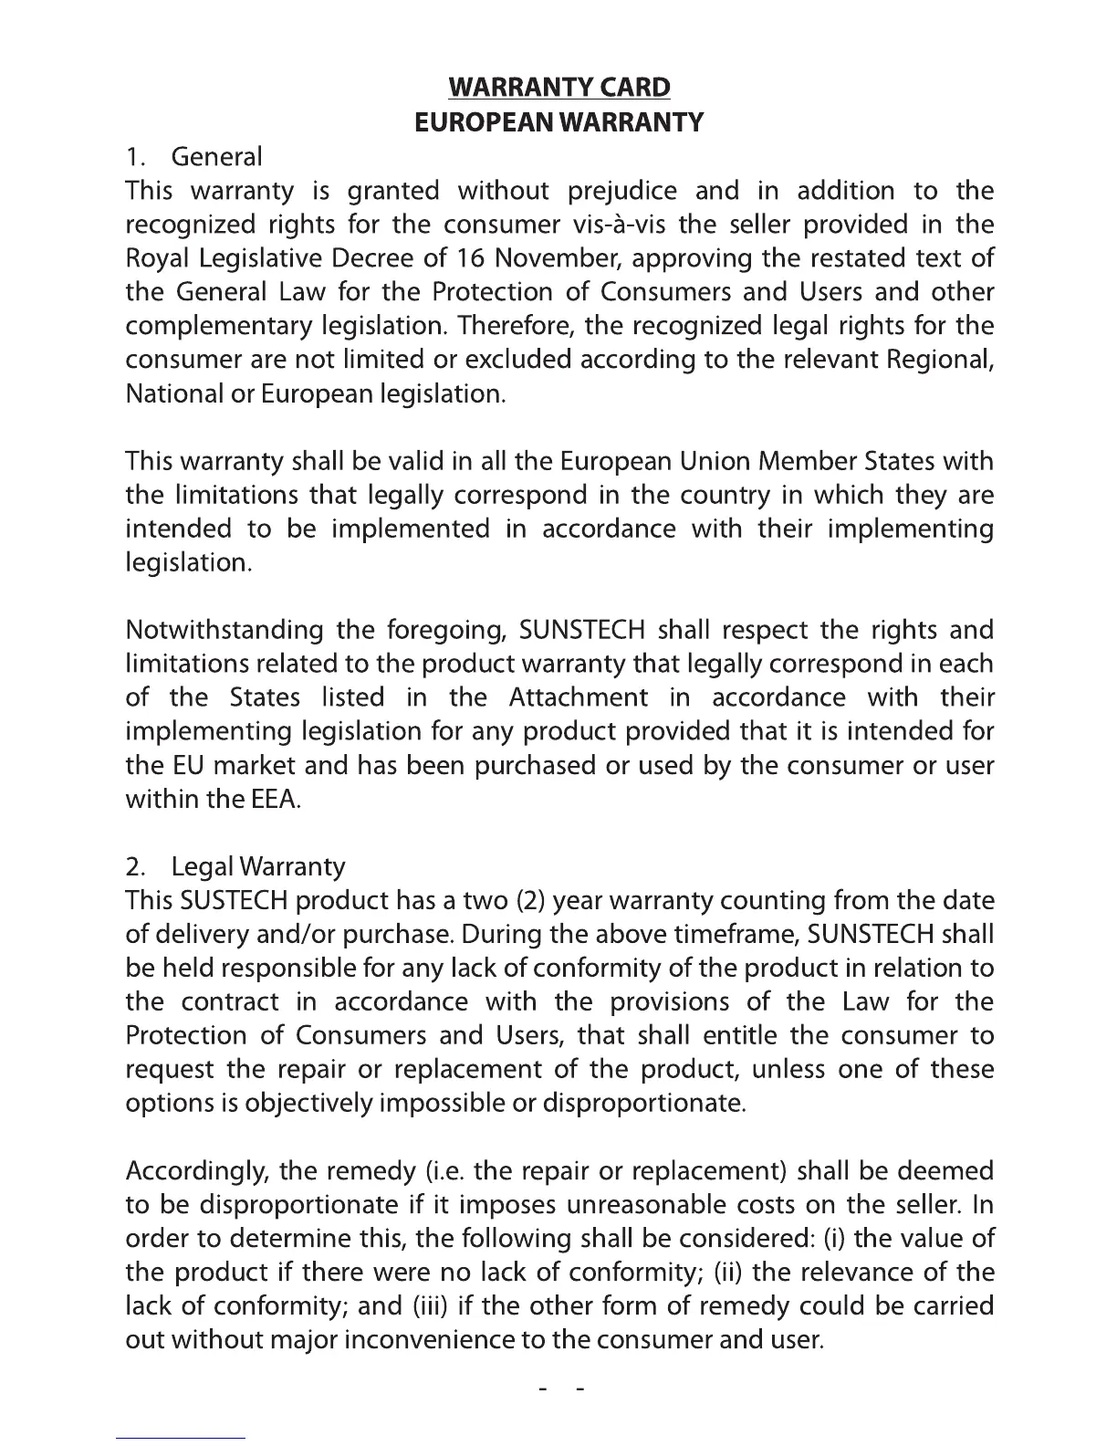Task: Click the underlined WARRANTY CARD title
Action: [559, 88]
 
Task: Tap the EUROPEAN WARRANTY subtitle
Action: [559, 122]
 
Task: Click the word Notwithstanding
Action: [224, 631]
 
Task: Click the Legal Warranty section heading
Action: [258, 866]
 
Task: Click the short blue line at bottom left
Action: [181, 1438]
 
